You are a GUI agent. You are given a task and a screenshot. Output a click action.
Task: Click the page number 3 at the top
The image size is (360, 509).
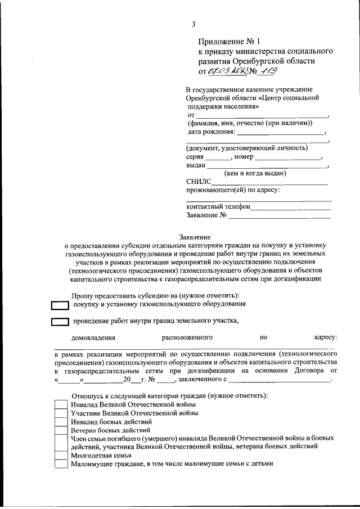193,24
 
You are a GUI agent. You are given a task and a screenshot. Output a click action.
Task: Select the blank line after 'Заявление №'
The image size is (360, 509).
280,215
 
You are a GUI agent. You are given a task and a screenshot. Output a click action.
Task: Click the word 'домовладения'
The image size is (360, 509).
93,338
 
